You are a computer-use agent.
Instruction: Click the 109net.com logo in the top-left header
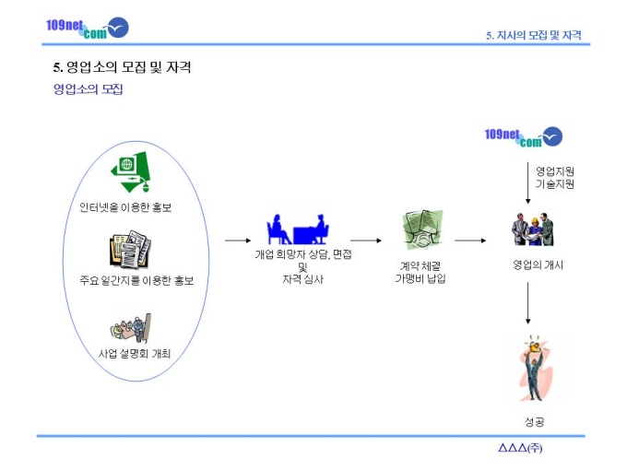88,28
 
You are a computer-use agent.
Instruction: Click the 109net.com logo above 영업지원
524,136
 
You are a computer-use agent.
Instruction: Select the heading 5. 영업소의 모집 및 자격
122,67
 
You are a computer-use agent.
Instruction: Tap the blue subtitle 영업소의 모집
88,88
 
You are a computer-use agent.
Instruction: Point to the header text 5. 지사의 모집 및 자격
534,35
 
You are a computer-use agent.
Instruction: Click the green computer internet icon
131,171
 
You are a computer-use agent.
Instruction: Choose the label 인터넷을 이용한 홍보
125,207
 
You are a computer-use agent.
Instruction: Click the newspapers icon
130,250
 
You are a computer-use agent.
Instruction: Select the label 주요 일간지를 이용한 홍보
136,280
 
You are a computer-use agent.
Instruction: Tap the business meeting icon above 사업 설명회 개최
131,328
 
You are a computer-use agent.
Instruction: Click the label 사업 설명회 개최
135,353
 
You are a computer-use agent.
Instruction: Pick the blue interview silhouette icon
298,229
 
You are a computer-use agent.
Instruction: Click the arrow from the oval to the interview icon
238,241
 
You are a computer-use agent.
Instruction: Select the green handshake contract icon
422,229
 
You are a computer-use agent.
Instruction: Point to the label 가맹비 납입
420,278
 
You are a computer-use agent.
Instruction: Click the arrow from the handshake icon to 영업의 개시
470,241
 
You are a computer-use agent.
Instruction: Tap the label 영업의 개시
538,264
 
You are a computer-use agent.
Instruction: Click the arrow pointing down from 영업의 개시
527,303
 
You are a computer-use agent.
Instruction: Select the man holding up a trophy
536,369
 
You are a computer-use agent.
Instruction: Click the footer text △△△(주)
520,448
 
